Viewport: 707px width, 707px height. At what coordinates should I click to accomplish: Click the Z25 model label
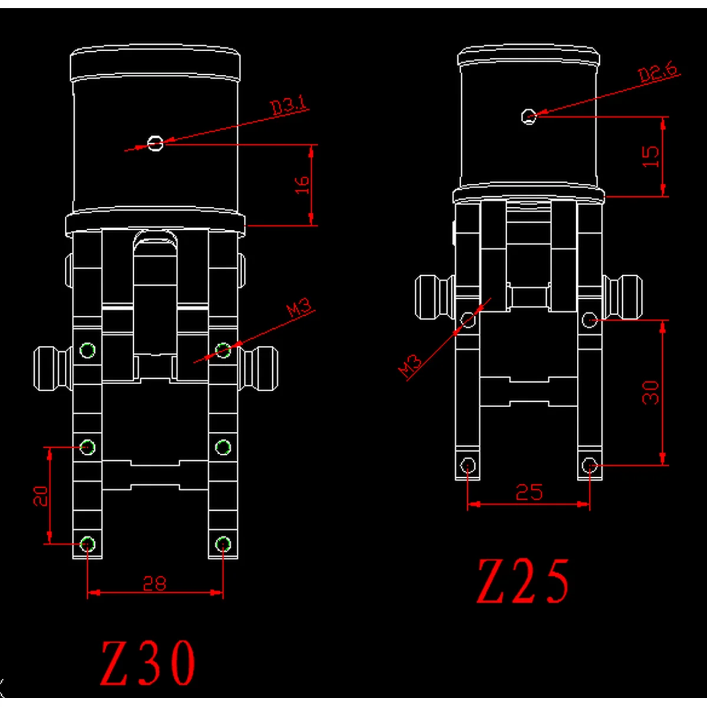tap(523, 582)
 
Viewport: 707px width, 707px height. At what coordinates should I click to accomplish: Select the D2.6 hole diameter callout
tap(658, 71)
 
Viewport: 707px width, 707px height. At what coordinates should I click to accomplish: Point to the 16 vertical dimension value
tap(302, 185)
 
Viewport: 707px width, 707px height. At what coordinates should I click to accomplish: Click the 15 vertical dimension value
tap(651, 157)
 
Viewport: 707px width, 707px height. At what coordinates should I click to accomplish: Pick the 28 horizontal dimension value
tap(154, 583)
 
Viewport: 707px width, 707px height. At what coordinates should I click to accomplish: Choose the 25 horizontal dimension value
tap(528, 492)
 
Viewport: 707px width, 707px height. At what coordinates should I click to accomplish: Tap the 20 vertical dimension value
tap(41, 496)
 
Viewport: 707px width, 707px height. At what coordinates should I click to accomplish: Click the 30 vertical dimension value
tap(651, 392)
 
